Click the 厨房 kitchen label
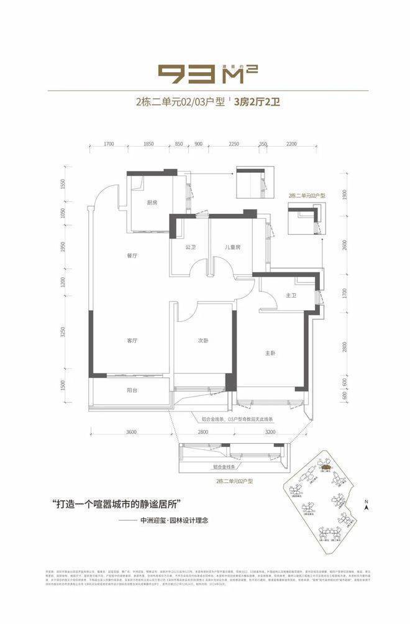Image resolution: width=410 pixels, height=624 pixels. click(x=152, y=202)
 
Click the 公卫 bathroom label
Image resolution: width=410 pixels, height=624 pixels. click(x=190, y=247)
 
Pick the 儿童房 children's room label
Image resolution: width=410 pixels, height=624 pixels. click(x=233, y=247)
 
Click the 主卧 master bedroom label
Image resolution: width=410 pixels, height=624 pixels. click(x=270, y=353)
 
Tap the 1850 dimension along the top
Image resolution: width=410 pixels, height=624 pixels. click(x=148, y=144)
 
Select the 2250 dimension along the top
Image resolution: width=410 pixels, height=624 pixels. click(x=234, y=144)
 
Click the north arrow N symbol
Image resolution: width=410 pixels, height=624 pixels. click(x=368, y=504)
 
